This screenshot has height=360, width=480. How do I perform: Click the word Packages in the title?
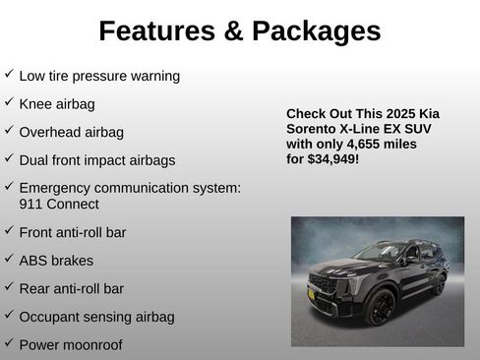coord(316,31)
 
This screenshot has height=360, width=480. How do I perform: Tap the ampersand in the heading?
coord(234,31)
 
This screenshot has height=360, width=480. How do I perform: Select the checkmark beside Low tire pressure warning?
coord(9,75)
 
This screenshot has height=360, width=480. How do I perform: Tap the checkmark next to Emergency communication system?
coord(9,186)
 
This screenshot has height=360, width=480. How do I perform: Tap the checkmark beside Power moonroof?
coord(9,343)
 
